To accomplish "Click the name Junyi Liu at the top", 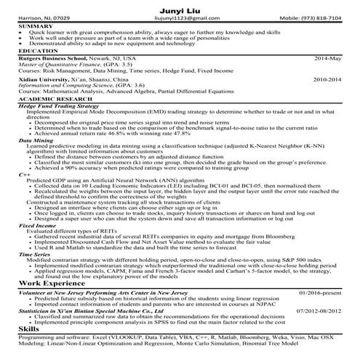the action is coord(180,8).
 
